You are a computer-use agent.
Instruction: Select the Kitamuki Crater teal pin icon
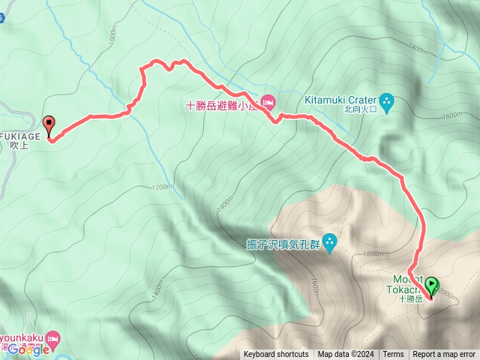click(387, 100)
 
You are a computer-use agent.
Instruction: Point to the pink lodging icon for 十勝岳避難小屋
click(268, 101)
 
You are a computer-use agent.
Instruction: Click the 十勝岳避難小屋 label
click(220, 106)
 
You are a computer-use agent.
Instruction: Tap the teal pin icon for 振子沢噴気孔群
click(331, 243)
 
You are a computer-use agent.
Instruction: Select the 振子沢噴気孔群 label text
click(283, 244)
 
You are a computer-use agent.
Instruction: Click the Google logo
click(29, 349)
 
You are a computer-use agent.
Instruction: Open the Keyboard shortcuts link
click(275, 355)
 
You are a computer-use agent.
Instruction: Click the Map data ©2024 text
click(344, 355)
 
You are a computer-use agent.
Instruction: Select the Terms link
click(393, 355)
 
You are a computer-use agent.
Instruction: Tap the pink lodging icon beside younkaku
click(52, 340)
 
